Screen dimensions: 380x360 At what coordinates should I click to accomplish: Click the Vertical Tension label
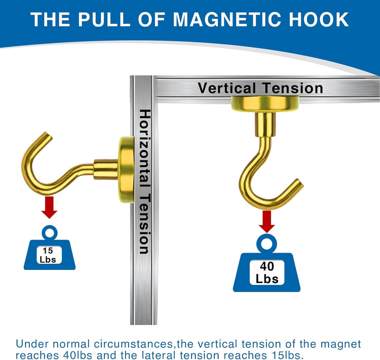point(260,88)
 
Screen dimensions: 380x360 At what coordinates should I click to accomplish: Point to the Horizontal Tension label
point(145,181)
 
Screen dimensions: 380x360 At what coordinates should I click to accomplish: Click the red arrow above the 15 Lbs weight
point(50,208)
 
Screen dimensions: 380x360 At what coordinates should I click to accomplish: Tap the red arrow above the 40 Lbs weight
point(267,221)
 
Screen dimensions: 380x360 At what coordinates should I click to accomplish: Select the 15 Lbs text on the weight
point(48,255)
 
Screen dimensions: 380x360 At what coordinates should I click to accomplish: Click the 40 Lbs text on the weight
point(267,272)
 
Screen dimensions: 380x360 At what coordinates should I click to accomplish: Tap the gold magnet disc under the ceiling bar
point(265,104)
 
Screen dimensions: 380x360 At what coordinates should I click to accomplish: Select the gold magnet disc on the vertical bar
point(127,170)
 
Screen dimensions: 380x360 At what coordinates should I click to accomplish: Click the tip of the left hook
point(49,135)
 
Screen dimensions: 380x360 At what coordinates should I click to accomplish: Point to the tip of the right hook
point(300,183)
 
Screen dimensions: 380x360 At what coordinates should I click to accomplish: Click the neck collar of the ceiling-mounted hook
point(265,125)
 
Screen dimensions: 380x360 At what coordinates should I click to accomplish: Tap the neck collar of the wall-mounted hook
point(106,169)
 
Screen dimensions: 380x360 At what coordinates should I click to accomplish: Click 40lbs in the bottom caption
point(78,355)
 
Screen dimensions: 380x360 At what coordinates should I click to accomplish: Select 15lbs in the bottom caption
point(289,355)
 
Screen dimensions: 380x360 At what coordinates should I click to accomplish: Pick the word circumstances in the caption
point(135,344)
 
